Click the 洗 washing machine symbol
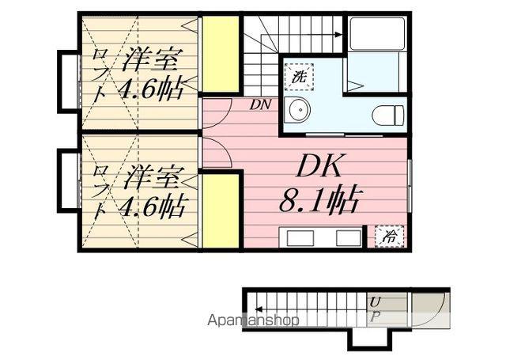click(x=299, y=78)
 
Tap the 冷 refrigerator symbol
click(x=390, y=234)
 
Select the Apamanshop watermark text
click(x=253, y=320)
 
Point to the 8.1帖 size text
click(x=319, y=198)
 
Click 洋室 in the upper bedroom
click(x=152, y=60)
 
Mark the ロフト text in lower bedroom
click(x=100, y=192)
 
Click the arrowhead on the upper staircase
click(x=338, y=34)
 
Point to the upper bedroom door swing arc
click(x=217, y=111)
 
